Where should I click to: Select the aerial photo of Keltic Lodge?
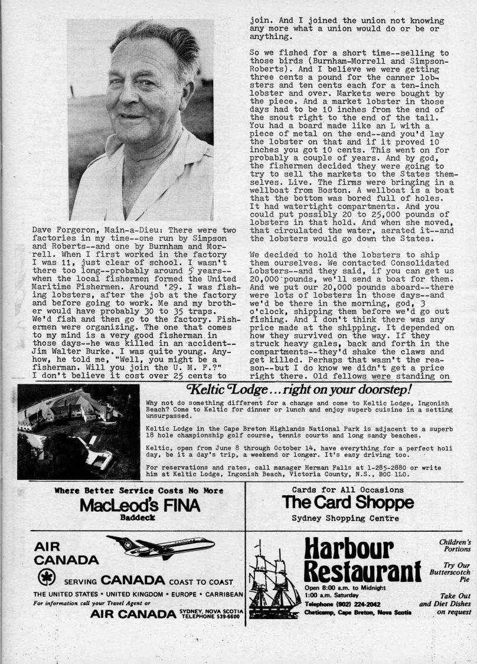click(x=79, y=432)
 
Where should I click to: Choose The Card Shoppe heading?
click(x=348, y=502)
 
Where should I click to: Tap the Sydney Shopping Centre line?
click(x=345, y=518)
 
